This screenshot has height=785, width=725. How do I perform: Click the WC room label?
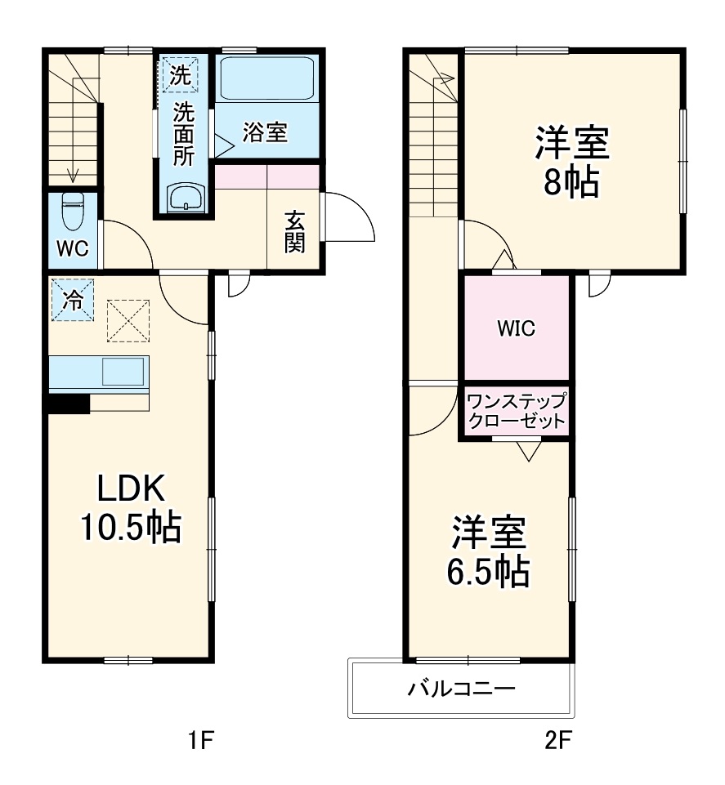point(72,249)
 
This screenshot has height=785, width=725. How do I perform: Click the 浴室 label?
point(265,132)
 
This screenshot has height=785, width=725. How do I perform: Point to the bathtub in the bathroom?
point(267,80)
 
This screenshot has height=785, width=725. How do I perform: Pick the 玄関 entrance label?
point(295,231)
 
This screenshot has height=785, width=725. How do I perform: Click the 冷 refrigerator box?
point(72,301)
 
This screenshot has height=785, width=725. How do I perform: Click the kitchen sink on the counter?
point(123,372)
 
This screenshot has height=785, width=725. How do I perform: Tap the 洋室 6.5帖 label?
point(488,551)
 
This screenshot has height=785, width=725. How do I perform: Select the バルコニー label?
point(462,689)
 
